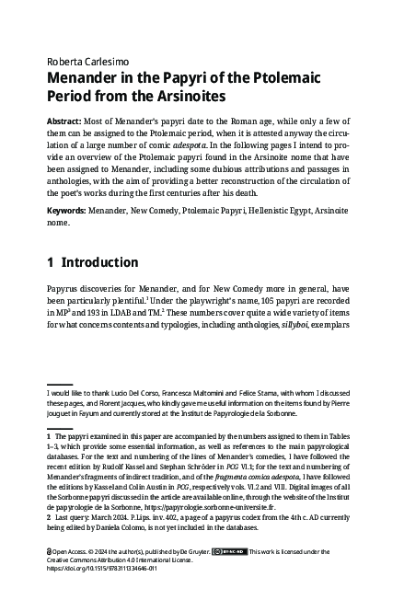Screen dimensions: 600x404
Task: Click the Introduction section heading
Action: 100,262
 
